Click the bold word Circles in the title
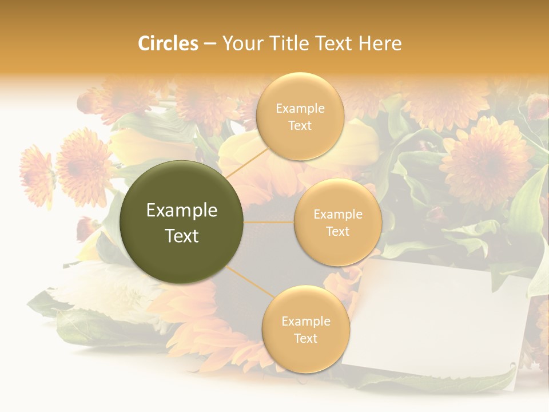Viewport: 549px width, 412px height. pos(168,43)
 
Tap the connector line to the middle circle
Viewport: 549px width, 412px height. pos(269,222)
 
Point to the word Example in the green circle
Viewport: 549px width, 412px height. pos(182,211)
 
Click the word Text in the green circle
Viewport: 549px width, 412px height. pos(182,236)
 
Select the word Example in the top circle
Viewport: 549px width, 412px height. pos(300,109)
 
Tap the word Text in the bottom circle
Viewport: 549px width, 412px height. pos(305,338)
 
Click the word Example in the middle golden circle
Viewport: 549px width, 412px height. pos(337,215)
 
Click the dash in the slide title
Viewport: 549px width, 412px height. pos(210,43)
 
